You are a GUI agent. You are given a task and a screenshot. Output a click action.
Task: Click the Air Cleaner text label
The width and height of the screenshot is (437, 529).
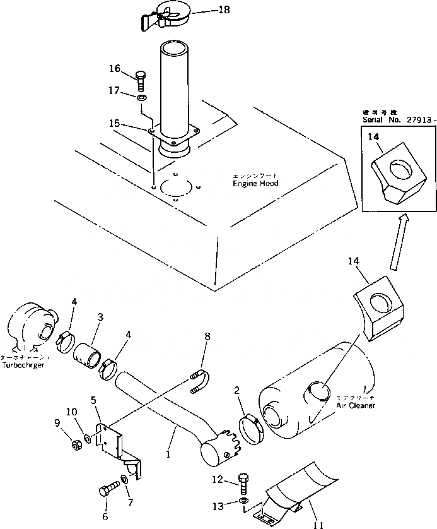point(356,405)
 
